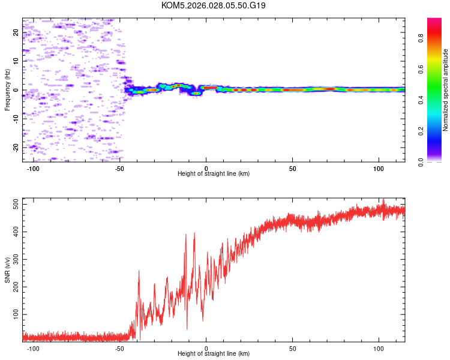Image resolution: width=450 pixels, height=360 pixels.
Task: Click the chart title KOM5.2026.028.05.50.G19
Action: [x=214, y=5]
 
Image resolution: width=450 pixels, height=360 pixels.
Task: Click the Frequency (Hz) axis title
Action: [x=7, y=90]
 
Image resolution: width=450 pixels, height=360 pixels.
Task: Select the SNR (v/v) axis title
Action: [x=7, y=270]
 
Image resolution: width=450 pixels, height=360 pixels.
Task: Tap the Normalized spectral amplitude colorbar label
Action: [x=446, y=90]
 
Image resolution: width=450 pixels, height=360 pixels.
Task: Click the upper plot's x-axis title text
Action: [x=214, y=173]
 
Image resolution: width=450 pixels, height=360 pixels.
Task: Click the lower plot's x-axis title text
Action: [x=214, y=353]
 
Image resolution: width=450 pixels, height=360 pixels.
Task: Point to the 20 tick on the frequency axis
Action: [x=17, y=33]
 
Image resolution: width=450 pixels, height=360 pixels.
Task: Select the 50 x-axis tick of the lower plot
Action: [x=293, y=348]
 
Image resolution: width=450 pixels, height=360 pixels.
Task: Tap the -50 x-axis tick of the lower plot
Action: [x=119, y=348]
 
